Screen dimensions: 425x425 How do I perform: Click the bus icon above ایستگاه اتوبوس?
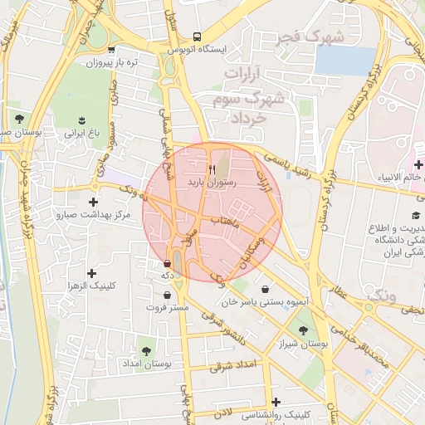(197, 37)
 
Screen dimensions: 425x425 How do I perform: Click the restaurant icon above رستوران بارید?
(213, 169)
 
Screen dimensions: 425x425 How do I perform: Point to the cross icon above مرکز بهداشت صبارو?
(93, 202)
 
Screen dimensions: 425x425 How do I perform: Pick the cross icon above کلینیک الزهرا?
(91, 273)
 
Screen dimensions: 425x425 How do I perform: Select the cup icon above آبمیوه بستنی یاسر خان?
(265, 289)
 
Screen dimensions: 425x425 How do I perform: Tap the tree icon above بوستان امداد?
(147, 351)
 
